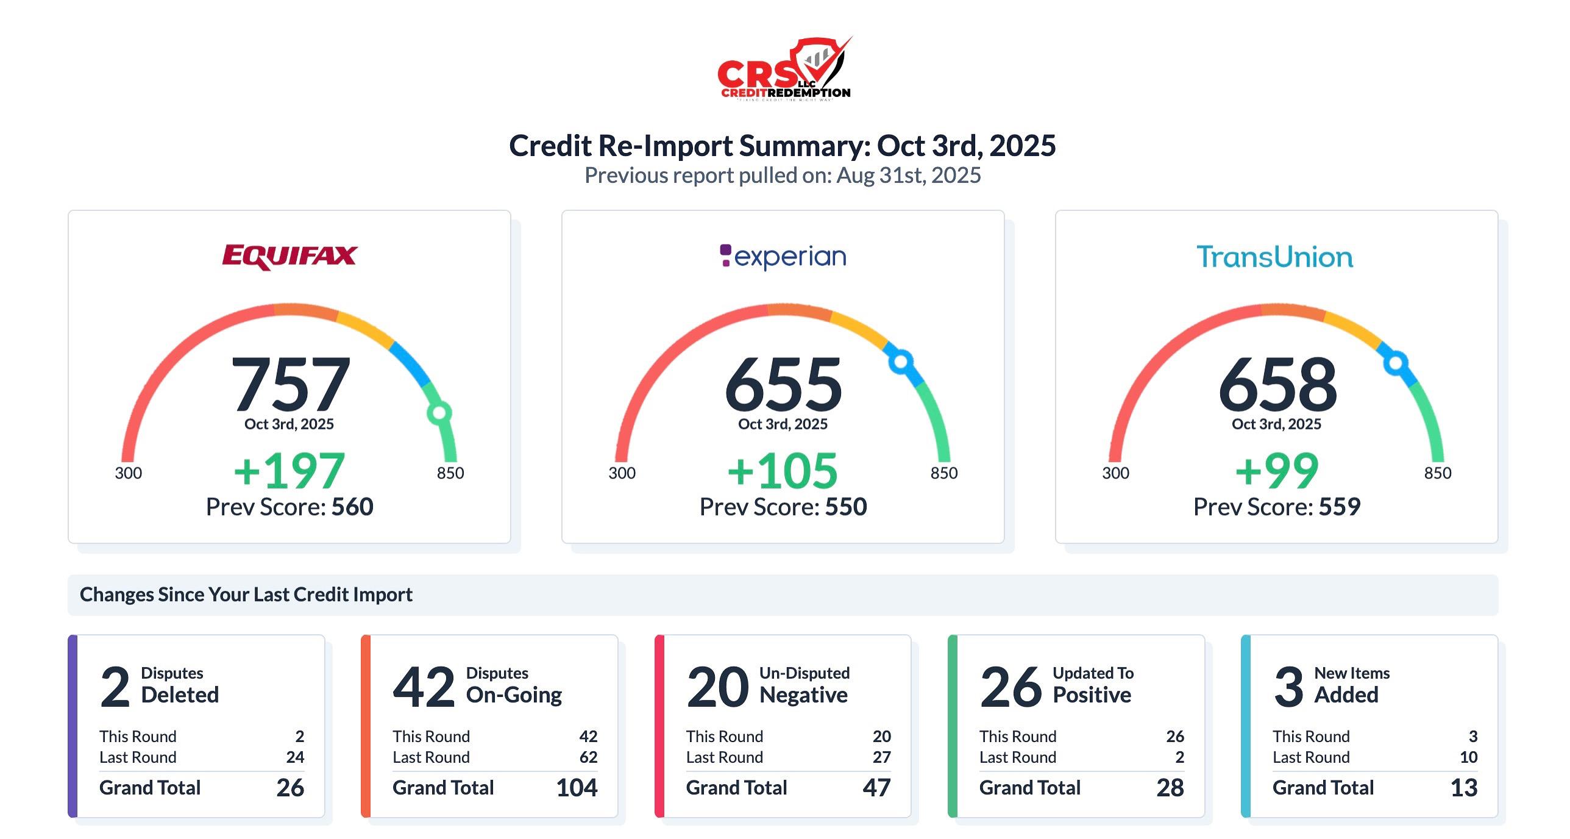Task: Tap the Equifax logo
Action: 289,257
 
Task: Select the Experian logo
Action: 783,257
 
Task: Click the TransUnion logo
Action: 1275,257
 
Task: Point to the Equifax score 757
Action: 291,384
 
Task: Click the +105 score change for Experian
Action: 783,471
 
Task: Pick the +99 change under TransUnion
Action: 1277,471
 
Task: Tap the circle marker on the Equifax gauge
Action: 439,413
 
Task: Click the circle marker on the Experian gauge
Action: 901,362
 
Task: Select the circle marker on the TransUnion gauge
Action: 1396,363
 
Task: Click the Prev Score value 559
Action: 1340,507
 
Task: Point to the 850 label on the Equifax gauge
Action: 450,473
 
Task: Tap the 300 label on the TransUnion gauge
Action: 1115,473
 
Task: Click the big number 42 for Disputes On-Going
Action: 424,687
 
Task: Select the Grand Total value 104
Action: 577,788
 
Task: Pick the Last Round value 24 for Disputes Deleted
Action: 295,757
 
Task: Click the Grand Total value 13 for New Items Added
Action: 1464,788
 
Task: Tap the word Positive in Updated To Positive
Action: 1092,695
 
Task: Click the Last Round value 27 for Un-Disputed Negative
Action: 881,757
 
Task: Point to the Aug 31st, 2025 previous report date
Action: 908,176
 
